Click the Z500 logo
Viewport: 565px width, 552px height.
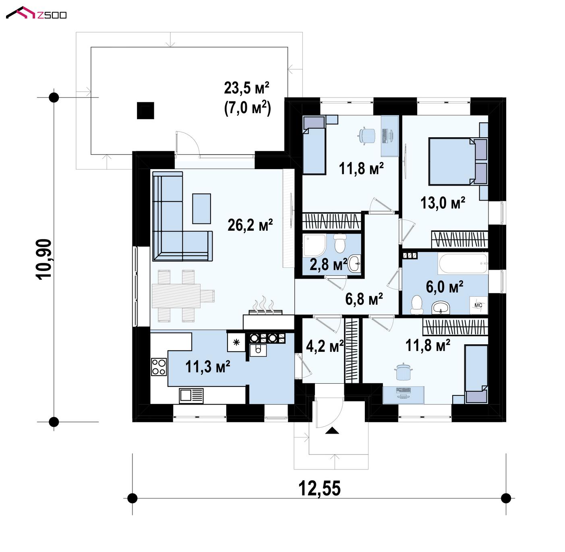[36, 13]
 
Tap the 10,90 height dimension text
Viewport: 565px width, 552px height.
[44, 259]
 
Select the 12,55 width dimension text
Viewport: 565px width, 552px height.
[319, 488]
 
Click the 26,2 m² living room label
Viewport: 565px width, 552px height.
[250, 225]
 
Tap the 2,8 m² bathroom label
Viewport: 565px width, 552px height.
[328, 264]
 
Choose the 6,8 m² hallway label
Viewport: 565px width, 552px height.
[364, 299]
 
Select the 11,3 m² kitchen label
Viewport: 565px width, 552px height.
[207, 366]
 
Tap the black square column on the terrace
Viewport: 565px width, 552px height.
[145, 111]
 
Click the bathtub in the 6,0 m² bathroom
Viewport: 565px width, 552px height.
[463, 264]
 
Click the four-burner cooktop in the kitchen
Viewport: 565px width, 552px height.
[159, 367]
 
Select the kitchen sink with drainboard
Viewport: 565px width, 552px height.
[191, 395]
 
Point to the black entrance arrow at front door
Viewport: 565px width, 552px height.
[332, 430]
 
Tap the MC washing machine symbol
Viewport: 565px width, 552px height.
[478, 305]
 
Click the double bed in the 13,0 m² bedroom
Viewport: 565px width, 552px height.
[457, 161]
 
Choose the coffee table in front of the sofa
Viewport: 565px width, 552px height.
[201, 209]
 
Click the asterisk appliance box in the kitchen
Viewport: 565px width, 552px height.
[236, 343]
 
